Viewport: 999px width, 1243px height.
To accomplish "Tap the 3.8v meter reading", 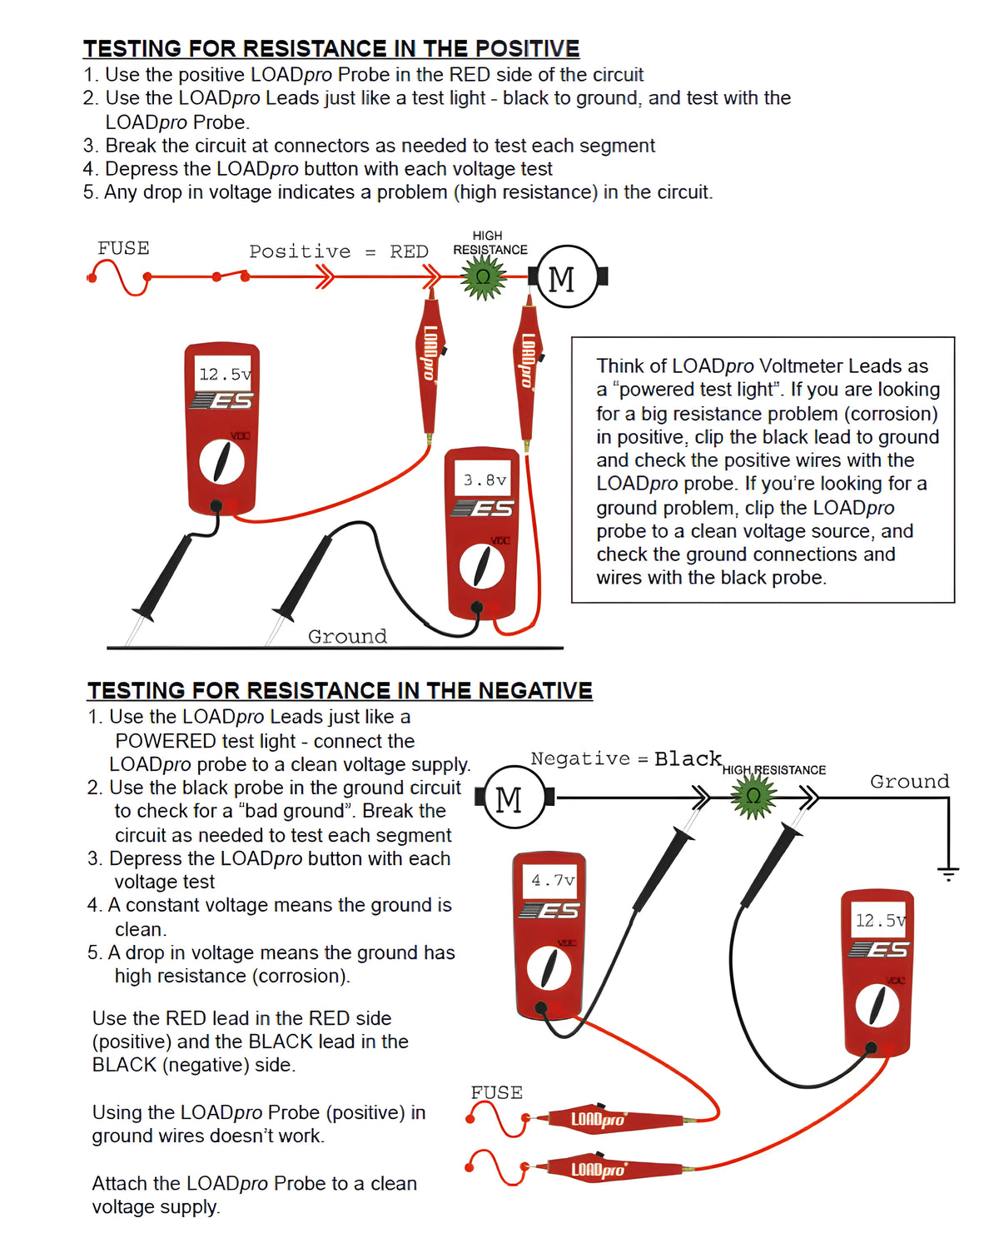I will pos(485,480).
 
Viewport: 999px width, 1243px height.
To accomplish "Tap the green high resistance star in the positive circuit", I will pos(484,277).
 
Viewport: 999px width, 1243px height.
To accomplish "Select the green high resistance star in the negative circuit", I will pos(753,797).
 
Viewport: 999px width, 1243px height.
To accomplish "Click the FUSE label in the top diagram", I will pos(123,248).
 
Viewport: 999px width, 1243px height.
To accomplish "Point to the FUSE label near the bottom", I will pos(496,1092).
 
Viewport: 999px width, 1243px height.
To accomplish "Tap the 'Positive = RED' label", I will pos(338,251).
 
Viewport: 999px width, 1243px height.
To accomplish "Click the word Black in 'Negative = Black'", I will pos(688,758).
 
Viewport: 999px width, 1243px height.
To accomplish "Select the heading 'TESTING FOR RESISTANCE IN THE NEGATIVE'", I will pos(340,691).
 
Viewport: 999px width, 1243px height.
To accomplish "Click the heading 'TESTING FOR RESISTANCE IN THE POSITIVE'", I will pos(331,48).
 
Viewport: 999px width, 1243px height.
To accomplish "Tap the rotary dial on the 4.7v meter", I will pos(549,968).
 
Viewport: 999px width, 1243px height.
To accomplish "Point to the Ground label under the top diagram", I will pos(347,636).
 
